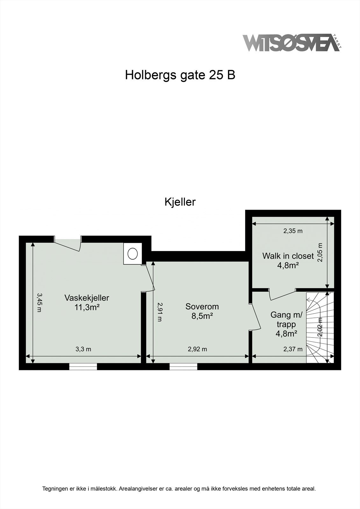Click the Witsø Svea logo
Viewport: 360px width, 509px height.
tap(291, 43)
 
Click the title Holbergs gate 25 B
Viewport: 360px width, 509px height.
tap(180, 75)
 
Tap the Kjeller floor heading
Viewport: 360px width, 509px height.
tap(180, 202)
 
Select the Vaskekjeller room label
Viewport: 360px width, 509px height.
tap(87, 298)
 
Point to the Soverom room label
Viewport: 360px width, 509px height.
tap(202, 307)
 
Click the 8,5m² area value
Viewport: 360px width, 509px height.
tap(202, 316)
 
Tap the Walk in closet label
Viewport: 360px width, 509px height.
tap(288, 256)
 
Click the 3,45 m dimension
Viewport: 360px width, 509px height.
tap(39, 302)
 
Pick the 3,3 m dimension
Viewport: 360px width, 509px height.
tap(83, 349)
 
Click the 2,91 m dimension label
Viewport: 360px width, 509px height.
tap(159, 312)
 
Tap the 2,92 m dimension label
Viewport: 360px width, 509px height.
tap(197, 349)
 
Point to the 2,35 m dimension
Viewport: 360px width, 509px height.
tap(293, 231)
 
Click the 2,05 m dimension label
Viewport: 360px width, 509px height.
tap(320, 252)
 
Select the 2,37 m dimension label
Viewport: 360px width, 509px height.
tap(293, 349)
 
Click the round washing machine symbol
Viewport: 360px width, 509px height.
tap(133, 254)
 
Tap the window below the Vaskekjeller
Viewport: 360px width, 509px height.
tap(83, 366)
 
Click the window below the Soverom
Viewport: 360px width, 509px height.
tap(183, 366)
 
